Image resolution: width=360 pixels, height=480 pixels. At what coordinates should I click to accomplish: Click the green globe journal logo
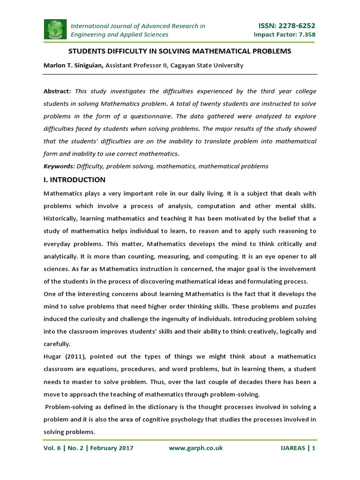coord(55,30)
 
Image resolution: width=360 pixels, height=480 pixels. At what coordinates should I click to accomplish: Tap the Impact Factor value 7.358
coord(304,35)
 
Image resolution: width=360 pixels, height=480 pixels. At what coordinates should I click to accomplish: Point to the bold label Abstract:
coord(57,91)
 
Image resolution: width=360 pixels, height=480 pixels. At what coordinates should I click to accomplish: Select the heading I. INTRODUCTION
coord(75,180)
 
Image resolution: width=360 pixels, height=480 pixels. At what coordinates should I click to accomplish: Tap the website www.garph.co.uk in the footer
coord(195,448)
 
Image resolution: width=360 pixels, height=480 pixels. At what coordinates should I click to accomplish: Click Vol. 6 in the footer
coord(53,448)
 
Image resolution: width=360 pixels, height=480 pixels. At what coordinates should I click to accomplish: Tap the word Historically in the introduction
coord(61,218)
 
